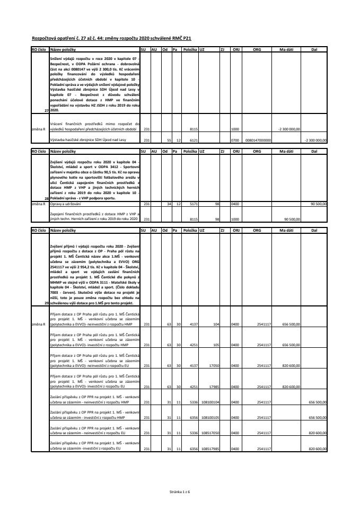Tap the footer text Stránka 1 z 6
point(179,492)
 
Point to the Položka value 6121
point(194,141)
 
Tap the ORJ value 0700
point(235,141)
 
